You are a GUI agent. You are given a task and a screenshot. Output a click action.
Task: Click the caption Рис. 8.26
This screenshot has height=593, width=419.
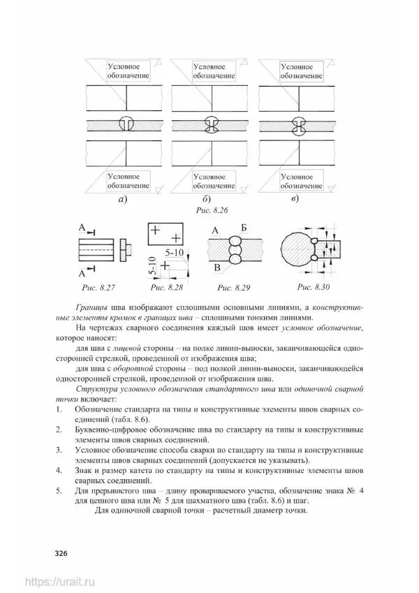pos(210,210)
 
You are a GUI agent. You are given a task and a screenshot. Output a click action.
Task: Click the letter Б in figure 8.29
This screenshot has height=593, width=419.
pos(244,228)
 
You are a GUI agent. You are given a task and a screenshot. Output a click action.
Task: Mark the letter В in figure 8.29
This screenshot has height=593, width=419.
pos(217,268)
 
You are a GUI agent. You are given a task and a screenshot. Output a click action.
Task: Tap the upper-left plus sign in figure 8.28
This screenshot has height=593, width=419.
pos(154,230)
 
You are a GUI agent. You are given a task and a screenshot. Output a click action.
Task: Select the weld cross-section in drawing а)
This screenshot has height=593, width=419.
pos(127,124)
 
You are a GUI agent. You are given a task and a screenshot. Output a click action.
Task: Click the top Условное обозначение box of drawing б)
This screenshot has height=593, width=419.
pos(213,71)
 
